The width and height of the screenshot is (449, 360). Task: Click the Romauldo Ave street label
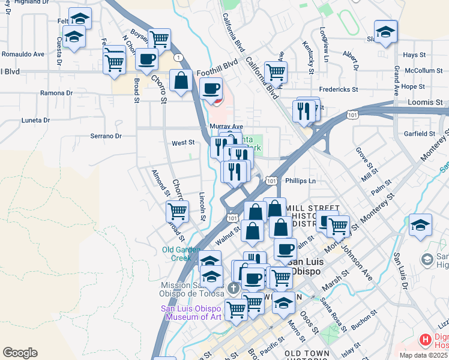[x=23, y=53]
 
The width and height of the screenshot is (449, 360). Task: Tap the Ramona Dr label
[x=56, y=93]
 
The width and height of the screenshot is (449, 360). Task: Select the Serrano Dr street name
[x=106, y=136]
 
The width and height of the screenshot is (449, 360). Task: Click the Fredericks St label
[x=338, y=89]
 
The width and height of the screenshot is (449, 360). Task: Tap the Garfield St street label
[x=419, y=133]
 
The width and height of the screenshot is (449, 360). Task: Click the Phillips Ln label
[x=300, y=180]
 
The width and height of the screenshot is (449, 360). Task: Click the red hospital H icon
[x=426, y=340]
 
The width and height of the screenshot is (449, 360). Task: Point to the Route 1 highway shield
[x=179, y=58]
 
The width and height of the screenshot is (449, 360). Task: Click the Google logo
[x=20, y=353]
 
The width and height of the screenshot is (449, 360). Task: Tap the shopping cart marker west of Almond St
[x=177, y=211]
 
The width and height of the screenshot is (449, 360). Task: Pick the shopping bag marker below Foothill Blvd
[x=181, y=81]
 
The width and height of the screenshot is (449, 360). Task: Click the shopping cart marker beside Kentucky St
[x=276, y=72]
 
